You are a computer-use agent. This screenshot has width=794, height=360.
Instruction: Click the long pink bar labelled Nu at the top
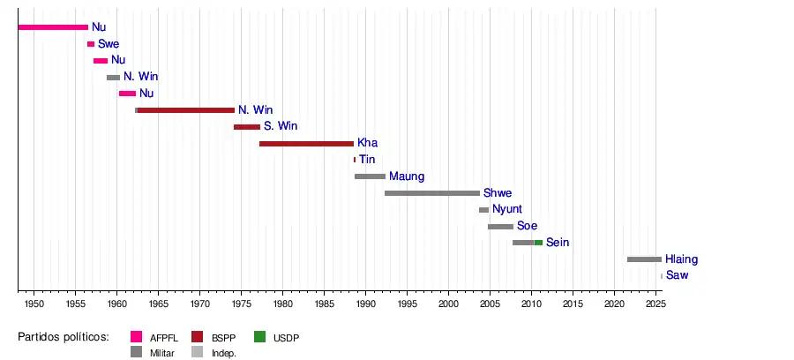coord(53,27)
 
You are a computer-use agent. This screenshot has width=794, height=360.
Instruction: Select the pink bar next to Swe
coord(91,44)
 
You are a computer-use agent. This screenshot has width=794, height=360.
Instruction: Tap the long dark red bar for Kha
coord(306,143)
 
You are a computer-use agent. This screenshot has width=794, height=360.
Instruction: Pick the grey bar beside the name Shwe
coord(432,192)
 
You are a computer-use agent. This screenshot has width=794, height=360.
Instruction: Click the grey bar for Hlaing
coord(644,259)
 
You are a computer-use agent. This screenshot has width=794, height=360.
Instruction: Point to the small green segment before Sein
coord(538,243)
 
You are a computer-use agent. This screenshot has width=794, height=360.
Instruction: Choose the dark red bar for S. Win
coord(247,127)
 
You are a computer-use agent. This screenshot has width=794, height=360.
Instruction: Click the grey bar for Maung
coord(370,176)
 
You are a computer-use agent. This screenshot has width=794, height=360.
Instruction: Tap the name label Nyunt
coord(508,209)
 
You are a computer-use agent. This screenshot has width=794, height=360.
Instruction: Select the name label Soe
coord(527,226)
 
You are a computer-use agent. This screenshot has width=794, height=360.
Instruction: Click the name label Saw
coord(677,275)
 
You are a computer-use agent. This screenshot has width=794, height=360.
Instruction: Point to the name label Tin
coord(367,160)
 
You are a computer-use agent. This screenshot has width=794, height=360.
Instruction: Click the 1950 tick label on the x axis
coord(34,304)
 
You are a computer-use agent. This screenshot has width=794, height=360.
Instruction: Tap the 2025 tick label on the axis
coord(655,304)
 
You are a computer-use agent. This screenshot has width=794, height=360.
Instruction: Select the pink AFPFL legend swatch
coord(137,336)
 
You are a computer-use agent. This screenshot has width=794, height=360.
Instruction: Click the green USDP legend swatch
coord(259,336)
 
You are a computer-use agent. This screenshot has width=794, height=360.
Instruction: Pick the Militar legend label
coord(162,353)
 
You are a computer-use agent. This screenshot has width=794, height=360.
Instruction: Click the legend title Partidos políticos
coord(63,336)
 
